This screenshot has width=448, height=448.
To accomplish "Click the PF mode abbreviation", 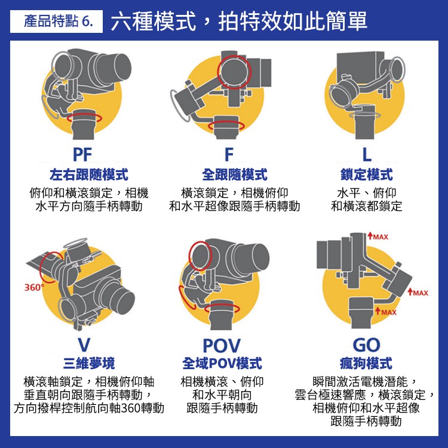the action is click(x=82, y=155).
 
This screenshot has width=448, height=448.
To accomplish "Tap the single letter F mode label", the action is click(x=229, y=155).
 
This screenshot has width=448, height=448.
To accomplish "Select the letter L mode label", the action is click(x=367, y=155).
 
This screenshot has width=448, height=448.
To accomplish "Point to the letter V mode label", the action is click(x=84, y=345).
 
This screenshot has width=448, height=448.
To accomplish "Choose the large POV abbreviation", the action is click(x=222, y=345).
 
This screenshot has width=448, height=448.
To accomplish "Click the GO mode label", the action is click(x=366, y=345).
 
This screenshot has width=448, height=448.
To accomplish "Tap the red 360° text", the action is click(x=34, y=287).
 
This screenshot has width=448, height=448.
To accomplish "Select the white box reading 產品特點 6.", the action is click(x=56, y=22).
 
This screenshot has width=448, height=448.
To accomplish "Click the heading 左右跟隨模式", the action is click(x=89, y=174).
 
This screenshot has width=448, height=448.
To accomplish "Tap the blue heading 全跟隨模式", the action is click(x=235, y=174).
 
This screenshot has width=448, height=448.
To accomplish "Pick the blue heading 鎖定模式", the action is click(x=367, y=174).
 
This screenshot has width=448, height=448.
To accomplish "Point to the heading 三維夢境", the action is click(x=89, y=363).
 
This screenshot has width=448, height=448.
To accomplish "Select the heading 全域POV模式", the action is click(x=222, y=363).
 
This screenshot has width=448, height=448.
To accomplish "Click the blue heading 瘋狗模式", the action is click(x=366, y=363).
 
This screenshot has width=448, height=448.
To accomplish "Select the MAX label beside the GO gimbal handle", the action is click(x=386, y=312).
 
